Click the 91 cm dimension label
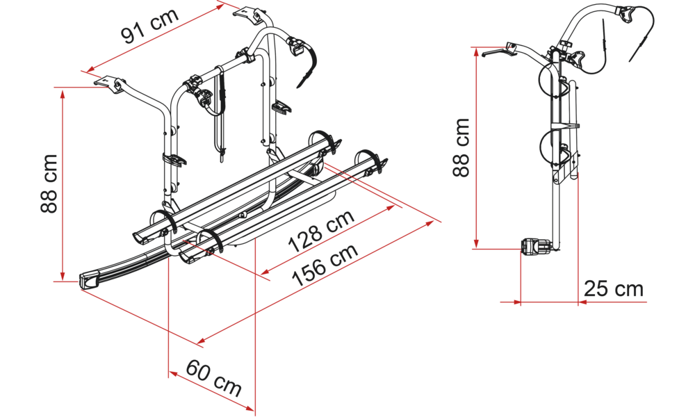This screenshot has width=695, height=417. coord(150,25)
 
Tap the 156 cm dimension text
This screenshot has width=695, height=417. coord(325,265)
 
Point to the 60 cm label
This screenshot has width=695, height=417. coord(213,377)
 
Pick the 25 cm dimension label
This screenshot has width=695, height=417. coord(614,289)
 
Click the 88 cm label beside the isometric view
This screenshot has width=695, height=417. coord(49,183)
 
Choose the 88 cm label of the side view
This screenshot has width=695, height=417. coord(461,147)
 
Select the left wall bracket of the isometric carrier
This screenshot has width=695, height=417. coord(110,83)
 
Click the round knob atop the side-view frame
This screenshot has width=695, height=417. coord(566,44)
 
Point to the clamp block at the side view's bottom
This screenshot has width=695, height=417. coord(535,247)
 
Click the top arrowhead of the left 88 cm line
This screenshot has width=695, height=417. coord(63,95)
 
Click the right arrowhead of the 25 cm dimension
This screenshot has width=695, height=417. coord(584,302)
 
